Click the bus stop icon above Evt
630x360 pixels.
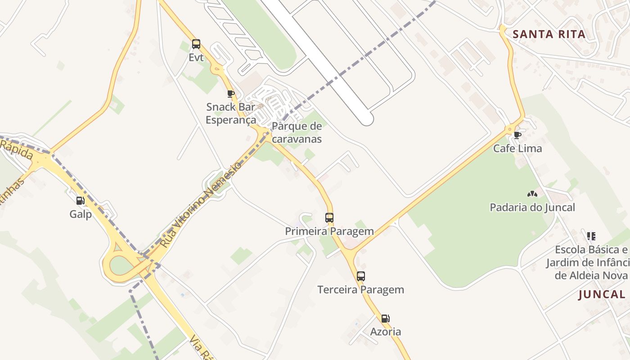coord(196,44)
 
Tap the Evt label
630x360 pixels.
coord(196,58)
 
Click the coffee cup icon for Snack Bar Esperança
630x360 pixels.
coord(231,94)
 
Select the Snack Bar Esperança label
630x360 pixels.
coord(230,113)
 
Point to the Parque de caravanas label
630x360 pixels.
coord(297,132)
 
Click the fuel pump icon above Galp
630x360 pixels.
coord(81,201)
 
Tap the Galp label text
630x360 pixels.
coord(81,214)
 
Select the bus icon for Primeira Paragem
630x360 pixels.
coord(329,218)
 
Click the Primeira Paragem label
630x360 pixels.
coord(329,231)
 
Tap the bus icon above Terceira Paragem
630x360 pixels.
coord(361,276)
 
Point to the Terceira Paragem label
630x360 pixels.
coord(361,290)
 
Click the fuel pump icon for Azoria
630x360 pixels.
coord(386,319)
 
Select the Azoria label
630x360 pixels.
coord(386,332)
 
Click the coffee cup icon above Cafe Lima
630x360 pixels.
coord(517,135)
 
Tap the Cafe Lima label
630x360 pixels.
coord(517,148)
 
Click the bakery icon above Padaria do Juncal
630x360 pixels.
coord(532,194)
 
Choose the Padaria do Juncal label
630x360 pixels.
coord(532,207)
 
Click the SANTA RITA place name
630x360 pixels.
coord(549,34)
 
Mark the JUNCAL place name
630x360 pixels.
coord(602,295)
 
